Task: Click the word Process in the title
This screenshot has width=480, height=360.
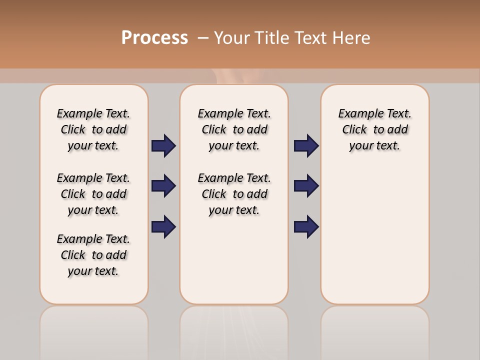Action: pos(154,38)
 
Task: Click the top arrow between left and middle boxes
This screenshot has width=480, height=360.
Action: pos(163,145)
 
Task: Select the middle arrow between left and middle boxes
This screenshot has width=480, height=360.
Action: pos(163,186)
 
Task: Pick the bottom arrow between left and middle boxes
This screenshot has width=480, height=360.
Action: pos(163,226)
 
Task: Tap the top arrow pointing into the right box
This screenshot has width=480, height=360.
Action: pos(306,145)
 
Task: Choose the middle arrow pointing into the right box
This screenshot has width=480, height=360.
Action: pos(306,186)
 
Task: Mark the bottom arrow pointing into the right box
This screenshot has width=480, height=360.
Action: pos(306,226)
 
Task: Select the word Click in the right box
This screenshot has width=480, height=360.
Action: pos(354,129)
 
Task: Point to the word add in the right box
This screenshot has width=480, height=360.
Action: pos(397,129)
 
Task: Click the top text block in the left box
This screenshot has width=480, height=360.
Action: pos(93,129)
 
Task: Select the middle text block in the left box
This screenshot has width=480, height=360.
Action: pos(93,194)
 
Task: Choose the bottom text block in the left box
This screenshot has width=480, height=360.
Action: pos(93,255)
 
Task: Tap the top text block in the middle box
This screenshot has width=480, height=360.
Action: pos(234,129)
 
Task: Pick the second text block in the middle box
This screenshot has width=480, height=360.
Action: pos(234,194)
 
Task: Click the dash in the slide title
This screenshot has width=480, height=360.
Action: pos(203,38)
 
